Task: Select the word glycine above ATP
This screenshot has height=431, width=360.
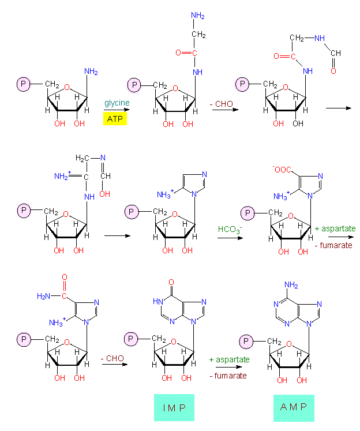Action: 117,103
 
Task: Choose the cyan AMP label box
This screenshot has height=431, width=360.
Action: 294,408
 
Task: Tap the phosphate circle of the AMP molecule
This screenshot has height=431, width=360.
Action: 247,342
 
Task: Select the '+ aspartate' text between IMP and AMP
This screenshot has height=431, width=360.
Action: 229,359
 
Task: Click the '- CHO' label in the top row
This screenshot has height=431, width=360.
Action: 222,103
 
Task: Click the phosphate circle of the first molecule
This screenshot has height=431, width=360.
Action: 24,85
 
